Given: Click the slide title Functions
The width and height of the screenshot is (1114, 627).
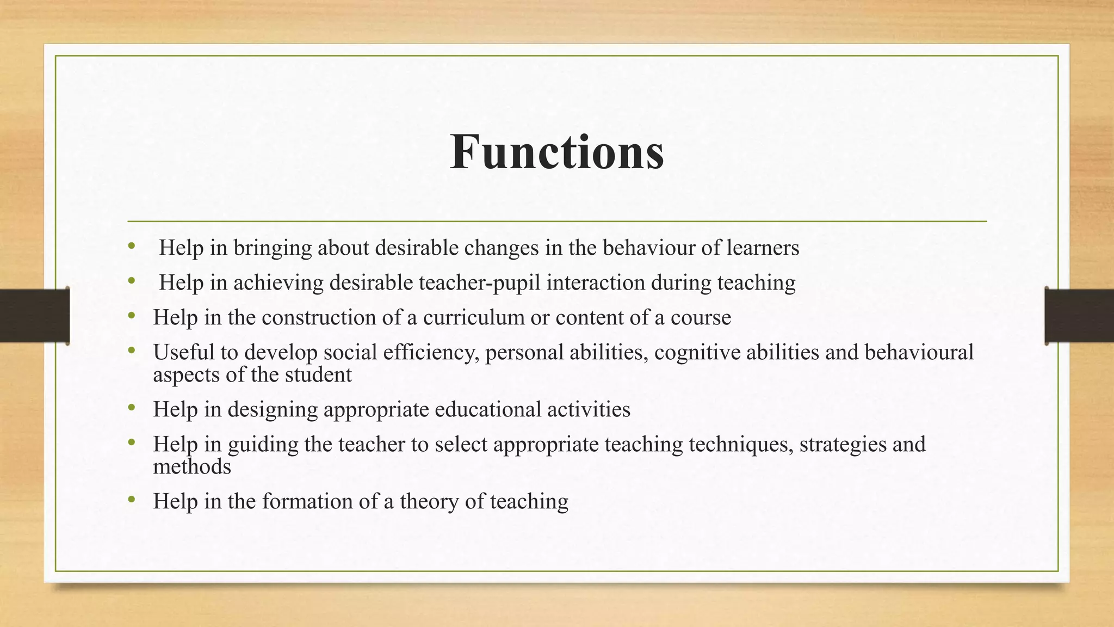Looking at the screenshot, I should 557,152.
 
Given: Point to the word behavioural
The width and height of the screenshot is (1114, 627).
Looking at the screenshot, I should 919,352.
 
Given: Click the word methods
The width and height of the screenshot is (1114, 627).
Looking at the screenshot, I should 192,466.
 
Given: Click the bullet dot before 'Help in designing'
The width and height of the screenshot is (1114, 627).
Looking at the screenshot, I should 131,407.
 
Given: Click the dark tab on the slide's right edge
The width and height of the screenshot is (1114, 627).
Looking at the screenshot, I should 1079,316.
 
